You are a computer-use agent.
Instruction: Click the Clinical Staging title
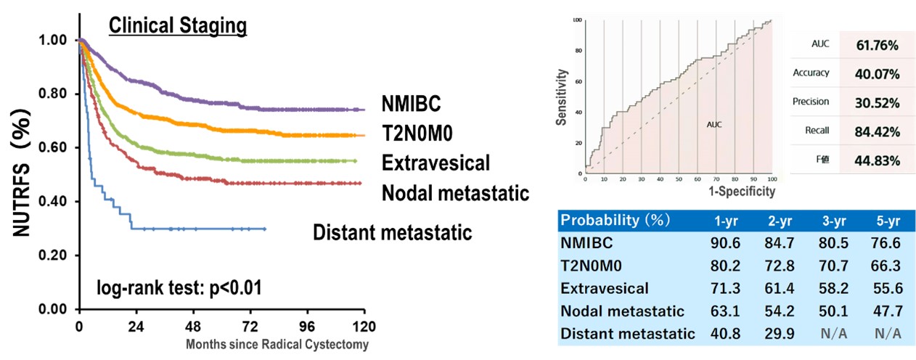click(178, 26)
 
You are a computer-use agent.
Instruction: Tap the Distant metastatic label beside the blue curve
click(393, 233)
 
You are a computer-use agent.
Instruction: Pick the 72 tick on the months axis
click(250, 326)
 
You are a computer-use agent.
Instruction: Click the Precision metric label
click(811, 102)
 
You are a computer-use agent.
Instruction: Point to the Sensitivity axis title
click(562, 98)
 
